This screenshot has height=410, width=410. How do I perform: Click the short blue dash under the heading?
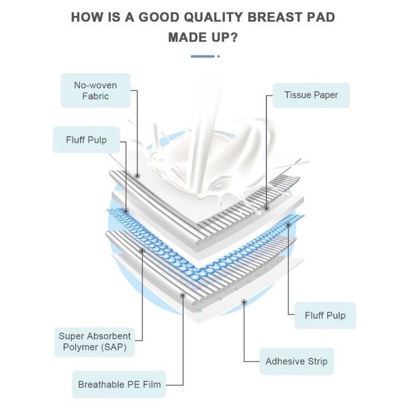[x=203, y=57]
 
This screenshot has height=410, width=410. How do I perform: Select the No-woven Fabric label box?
[x=92, y=91]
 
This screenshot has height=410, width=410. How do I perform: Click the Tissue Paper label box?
[x=311, y=95]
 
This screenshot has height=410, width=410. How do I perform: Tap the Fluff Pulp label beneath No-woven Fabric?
[x=86, y=140]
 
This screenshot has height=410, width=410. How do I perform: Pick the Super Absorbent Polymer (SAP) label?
[x=95, y=341]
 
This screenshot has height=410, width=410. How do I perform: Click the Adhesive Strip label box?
[x=296, y=362]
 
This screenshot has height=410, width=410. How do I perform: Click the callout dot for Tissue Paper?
[x=266, y=208]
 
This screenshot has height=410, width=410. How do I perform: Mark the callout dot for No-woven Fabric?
[x=138, y=176]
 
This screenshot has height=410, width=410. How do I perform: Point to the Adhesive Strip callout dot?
[x=244, y=302]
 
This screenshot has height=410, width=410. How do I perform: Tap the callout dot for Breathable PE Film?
[x=182, y=294]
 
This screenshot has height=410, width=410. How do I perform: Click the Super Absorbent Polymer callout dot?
[x=141, y=250]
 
